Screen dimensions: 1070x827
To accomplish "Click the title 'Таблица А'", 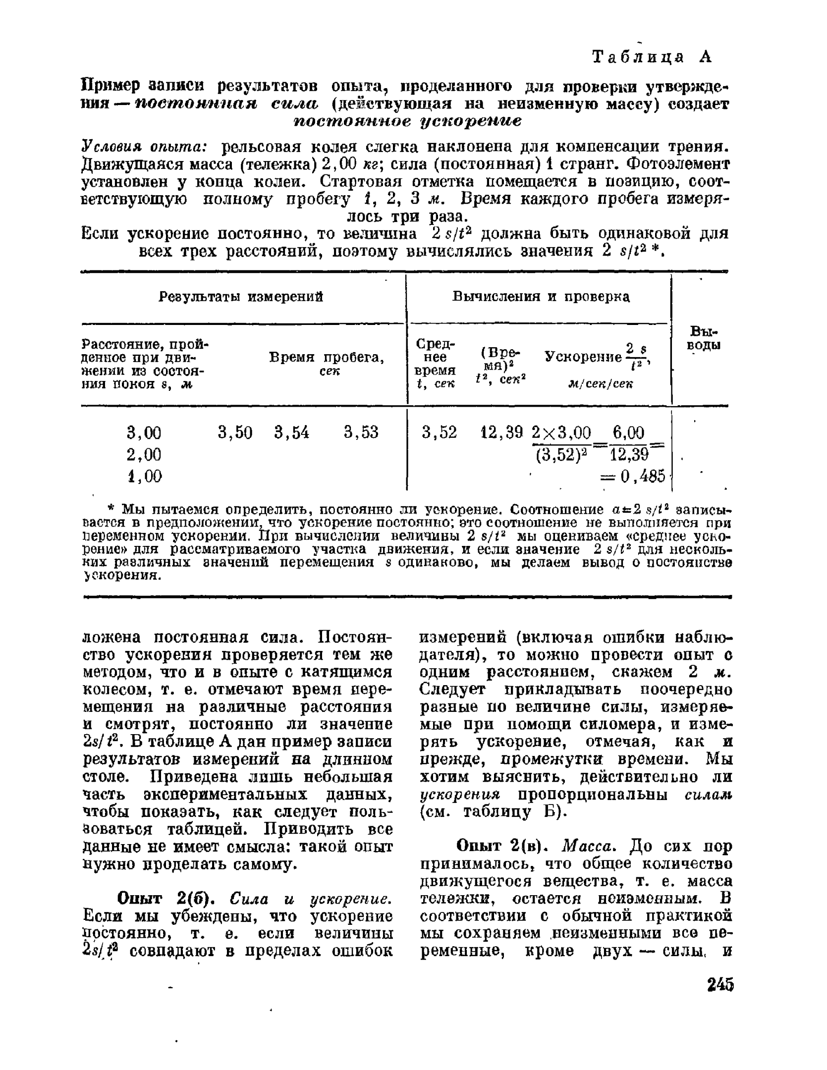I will click(x=652, y=57).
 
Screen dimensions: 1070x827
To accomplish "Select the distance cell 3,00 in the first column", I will click(x=144, y=433).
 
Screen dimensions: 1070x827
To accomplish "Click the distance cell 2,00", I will click(x=144, y=454).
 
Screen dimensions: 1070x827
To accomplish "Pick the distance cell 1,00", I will click(x=144, y=476).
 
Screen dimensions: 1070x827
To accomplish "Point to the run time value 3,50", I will click(x=235, y=433).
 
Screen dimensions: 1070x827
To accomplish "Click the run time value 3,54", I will click(x=291, y=433).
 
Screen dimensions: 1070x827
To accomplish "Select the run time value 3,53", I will click(x=361, y=433).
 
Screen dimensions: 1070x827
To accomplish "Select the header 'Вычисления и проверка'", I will click(x=541, y=297).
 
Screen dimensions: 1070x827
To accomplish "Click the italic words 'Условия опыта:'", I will click(x=144, y=147).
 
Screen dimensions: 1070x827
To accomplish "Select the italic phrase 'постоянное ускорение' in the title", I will click(x=408, y=121).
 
